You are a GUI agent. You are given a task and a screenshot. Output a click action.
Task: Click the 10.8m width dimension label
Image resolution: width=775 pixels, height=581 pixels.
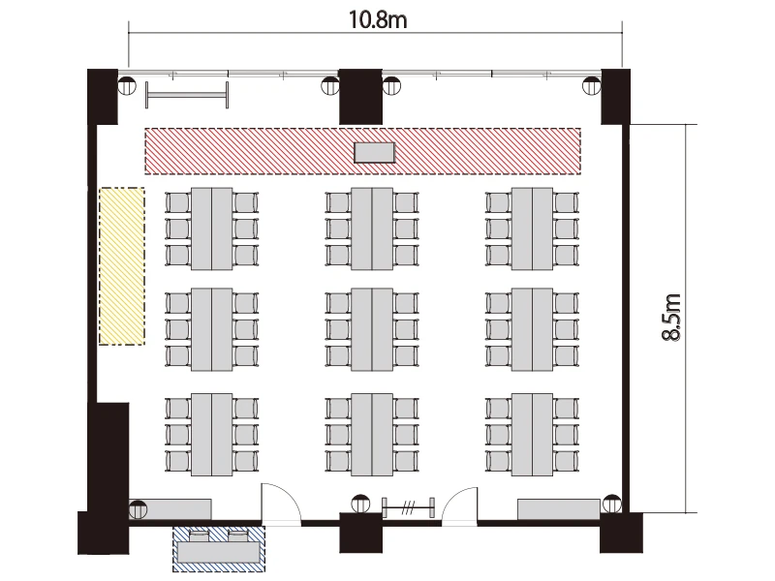click(378, 20)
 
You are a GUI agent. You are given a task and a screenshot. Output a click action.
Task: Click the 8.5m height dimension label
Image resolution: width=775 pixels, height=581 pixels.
click(671, 318)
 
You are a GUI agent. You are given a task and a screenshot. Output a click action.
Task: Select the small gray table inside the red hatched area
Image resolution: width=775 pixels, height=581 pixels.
click(375, 153)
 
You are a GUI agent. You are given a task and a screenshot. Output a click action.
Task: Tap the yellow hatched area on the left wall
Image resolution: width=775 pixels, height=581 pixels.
click(122, 266)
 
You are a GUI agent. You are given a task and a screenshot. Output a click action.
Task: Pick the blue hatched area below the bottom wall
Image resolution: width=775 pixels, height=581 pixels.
click(219, 549)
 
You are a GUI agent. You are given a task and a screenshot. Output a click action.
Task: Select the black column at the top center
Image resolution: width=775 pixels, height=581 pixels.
click(360, 96)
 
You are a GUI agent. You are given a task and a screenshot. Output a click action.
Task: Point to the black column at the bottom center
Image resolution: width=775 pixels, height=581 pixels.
click(360, 533)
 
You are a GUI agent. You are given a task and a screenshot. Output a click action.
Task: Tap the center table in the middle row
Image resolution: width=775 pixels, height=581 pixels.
click(372, 329)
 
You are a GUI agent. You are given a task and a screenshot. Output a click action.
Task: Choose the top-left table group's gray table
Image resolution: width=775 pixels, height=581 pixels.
click(211, 229)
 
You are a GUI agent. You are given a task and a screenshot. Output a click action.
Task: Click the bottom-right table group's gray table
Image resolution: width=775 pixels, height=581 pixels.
click(532, 435)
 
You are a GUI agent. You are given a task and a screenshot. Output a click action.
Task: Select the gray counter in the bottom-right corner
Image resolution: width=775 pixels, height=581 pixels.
click(559, 509)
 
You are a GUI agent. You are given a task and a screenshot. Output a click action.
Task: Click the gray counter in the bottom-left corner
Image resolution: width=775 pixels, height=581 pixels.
click(170, 509)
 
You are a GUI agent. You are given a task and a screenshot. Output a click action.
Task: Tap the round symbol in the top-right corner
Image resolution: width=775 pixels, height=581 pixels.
click(592, 85)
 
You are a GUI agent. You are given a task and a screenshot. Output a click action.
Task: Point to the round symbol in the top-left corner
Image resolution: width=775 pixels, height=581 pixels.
click(127, 85)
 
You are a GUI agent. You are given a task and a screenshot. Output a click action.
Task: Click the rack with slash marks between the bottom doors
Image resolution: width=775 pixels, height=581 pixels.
click(408, 507)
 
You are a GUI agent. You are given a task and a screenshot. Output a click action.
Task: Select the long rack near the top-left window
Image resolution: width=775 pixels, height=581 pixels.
click(187, 95)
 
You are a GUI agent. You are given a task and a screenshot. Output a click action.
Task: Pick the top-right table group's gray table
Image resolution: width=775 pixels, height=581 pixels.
click(532, 229)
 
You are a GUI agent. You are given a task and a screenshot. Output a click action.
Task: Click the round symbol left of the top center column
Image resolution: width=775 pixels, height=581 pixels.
click(330, 85)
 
